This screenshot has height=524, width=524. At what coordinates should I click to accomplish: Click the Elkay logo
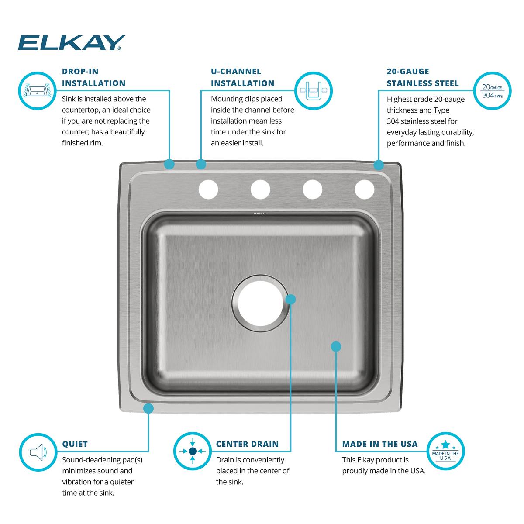[71, 43]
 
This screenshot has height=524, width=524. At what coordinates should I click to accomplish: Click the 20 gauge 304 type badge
[492, 91]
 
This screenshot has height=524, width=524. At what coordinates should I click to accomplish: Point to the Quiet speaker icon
[37, 452]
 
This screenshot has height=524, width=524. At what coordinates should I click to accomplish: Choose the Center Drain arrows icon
[193, 452]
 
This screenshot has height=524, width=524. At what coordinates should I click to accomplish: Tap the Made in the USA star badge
[445, 452]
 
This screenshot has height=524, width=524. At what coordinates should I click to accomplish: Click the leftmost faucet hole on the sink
[208, 189]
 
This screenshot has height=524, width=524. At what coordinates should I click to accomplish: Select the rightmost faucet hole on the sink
[365, 189]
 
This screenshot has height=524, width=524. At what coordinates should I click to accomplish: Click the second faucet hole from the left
[260, 189]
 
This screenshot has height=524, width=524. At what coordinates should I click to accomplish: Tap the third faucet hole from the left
[313, 189]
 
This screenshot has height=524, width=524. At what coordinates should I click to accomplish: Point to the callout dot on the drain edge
[290, 299]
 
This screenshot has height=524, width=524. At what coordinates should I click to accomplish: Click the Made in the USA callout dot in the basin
[335, 346]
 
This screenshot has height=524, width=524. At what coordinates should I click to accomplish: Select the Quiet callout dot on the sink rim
[148, 408]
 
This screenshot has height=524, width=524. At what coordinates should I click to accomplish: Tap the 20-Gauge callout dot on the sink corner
[379, 165]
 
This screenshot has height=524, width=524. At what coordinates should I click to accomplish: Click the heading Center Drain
[247, 444]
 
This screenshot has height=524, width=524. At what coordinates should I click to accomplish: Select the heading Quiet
[75, 444]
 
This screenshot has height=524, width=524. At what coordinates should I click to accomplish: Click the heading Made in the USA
[380, 444]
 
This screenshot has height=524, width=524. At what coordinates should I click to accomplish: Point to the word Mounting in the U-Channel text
[228, 99]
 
